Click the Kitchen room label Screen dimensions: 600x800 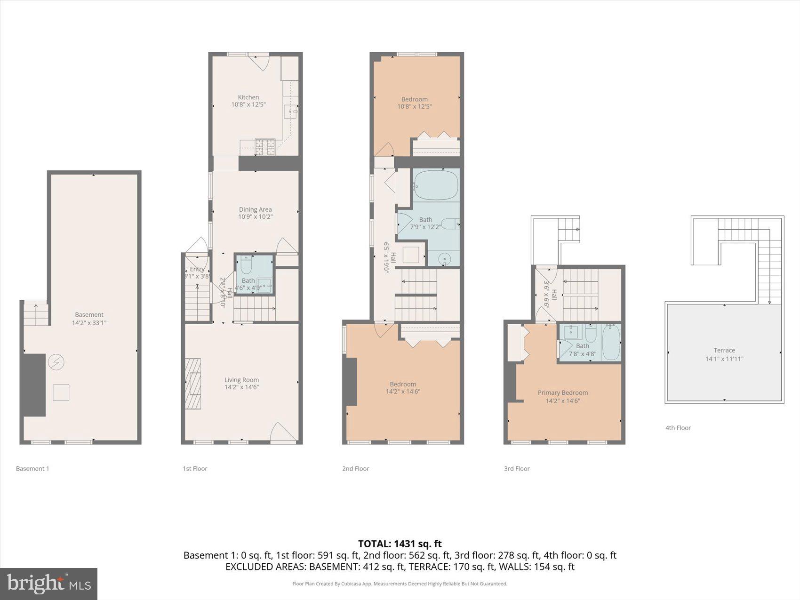pos(248,97)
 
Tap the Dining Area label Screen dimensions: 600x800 pos(255,209)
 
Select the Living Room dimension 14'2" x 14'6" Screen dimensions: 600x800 pos(241,387)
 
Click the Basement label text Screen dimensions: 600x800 pos(89,314)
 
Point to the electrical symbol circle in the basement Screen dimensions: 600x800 pos(56,362)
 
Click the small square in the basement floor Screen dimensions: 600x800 pos(61,392)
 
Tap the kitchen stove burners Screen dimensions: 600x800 pos(265,147)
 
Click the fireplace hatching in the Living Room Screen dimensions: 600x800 pos(193,384)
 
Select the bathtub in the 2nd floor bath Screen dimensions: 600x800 pos(435,185)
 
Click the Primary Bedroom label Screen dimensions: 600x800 pos(563,392)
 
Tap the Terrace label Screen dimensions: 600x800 pos(724,350)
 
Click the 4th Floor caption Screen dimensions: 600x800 pos(678,428)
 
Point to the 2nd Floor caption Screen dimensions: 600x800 pos(355,468)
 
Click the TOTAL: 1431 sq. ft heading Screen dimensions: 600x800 pos(400,544)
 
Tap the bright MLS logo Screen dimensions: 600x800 pos(48,584)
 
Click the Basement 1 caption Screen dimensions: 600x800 pos(32,468)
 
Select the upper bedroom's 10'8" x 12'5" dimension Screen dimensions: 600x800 pos(414,107)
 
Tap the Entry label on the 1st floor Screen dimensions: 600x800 pos(197,269)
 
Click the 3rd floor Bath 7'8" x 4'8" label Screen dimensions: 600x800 pos(582,350)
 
